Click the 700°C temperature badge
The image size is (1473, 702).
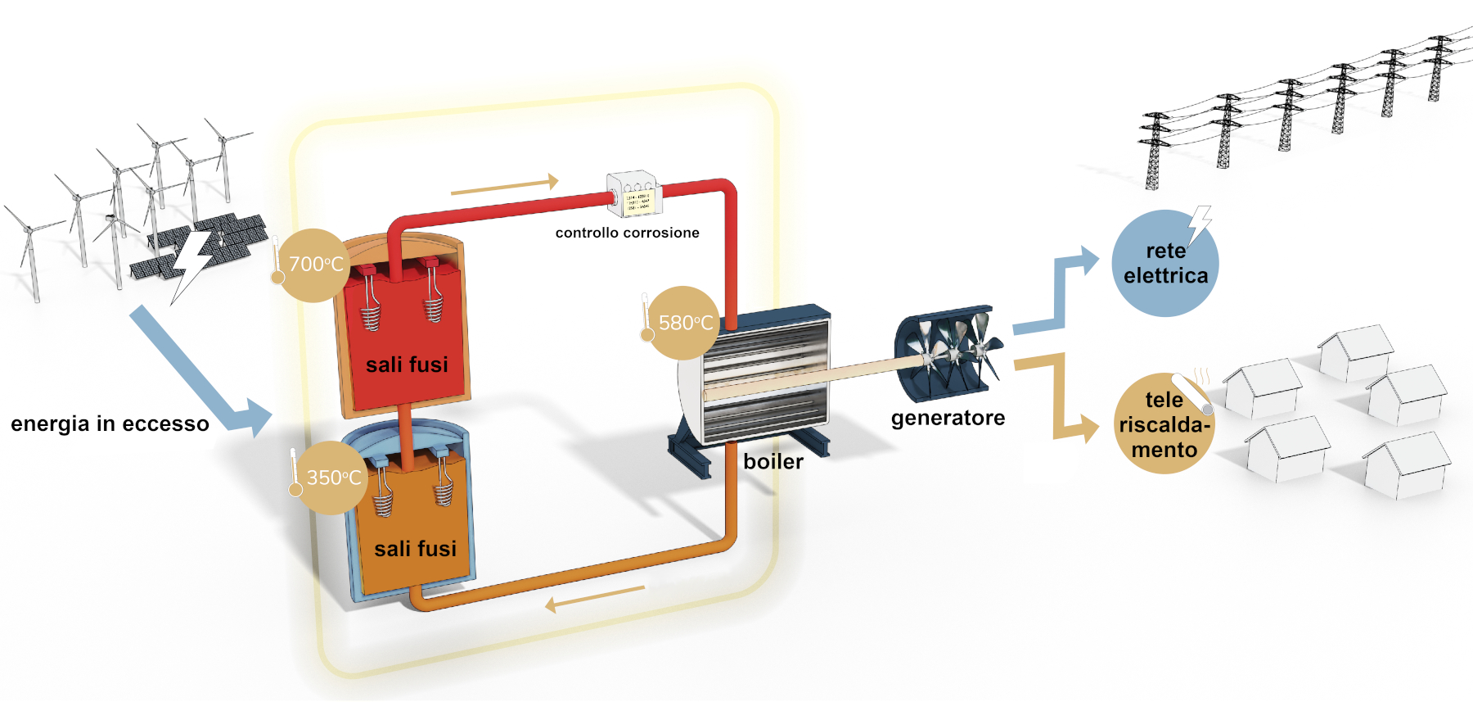[x=314, y=265]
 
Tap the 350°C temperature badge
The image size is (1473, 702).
[x=331, y=478]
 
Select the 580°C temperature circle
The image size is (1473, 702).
[x=683, y=323]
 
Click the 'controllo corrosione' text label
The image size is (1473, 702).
[x=627, y=233]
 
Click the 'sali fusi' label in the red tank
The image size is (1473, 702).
[x=407, y=365]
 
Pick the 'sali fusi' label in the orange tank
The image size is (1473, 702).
[x=415, y=549]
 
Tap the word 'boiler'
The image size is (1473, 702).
[x=773, y=462]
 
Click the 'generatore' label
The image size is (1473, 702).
[x=948, y=418]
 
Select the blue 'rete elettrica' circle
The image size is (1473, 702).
[x=1164, y=264]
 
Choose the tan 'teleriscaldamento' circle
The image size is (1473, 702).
[x=1164, y=424]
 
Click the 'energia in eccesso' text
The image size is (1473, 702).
[x=110, y=423]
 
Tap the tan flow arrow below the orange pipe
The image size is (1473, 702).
[x=595, y=599]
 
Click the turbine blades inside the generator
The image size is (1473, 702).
[x=953, y=352]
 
